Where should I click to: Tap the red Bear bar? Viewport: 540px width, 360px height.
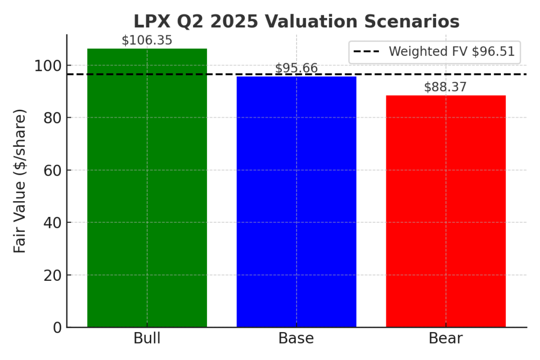(446, 211)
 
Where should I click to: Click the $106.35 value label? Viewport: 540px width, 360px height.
(147, 41)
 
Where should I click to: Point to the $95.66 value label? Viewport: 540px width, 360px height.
(296, 69)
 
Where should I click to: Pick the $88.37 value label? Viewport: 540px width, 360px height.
(446, 87)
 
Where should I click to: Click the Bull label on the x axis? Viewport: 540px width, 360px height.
(147, 338)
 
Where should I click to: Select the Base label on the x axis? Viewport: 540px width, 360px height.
(296, 338)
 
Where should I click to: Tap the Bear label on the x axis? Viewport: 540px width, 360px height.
(446, 338)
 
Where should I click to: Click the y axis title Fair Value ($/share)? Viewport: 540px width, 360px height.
(20, 181)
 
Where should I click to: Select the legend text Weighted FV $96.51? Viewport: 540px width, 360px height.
(451, 52)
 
